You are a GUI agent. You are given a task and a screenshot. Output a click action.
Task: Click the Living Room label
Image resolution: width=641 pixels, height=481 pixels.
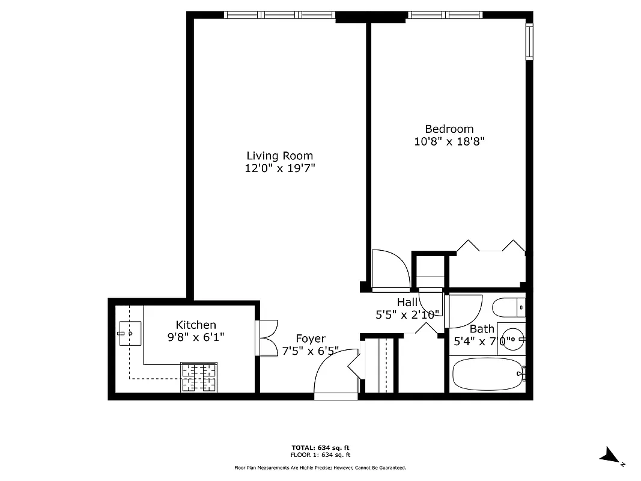tap(279, 156)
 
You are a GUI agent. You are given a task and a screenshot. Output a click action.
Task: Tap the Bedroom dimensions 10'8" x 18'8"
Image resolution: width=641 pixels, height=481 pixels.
tap(449, 142)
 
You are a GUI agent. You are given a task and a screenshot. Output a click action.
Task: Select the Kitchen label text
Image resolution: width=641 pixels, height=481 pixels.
tap(196, 325)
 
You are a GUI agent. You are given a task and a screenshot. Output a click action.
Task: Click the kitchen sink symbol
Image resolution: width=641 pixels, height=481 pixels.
tap(129, 333)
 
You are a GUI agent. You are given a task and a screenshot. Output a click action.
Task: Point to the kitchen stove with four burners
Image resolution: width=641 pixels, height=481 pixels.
tap(199, 377)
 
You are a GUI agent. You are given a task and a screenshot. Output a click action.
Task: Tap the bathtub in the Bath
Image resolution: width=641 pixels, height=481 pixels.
tap(487, 374)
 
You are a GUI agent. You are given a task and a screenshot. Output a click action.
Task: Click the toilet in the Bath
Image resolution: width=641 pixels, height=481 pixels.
tap(508, 308)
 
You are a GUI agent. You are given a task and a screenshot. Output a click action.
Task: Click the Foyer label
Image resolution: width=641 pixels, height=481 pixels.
tap(310, 339)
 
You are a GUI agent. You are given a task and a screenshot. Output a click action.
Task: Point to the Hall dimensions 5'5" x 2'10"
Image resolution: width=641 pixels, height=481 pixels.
tap(407, 314)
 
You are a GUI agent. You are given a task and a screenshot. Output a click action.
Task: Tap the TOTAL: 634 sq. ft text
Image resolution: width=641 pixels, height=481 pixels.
tap(320, 448)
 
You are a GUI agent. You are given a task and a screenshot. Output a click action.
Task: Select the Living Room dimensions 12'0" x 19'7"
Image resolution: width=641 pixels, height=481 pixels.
tap(279, 169)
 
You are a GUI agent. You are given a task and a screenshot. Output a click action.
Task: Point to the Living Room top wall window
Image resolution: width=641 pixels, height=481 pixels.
tap(279, 15)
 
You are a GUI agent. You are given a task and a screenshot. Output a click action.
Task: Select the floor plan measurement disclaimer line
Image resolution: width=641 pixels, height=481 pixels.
tap(320, 467)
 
